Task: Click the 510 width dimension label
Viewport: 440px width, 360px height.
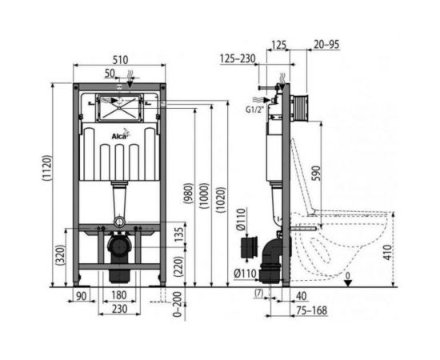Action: coord(120,60)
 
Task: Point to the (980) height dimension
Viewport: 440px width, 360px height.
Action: coord(188,194)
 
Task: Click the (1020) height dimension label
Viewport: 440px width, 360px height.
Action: coord(221,200)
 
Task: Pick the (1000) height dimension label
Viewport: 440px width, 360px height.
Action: coord(205,196)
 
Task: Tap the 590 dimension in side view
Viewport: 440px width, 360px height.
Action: coord(316,174)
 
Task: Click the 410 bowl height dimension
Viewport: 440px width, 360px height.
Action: coord(388,252)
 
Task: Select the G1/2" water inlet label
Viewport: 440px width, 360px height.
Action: coord(255,110)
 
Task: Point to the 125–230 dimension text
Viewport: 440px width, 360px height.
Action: coord(238,59)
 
